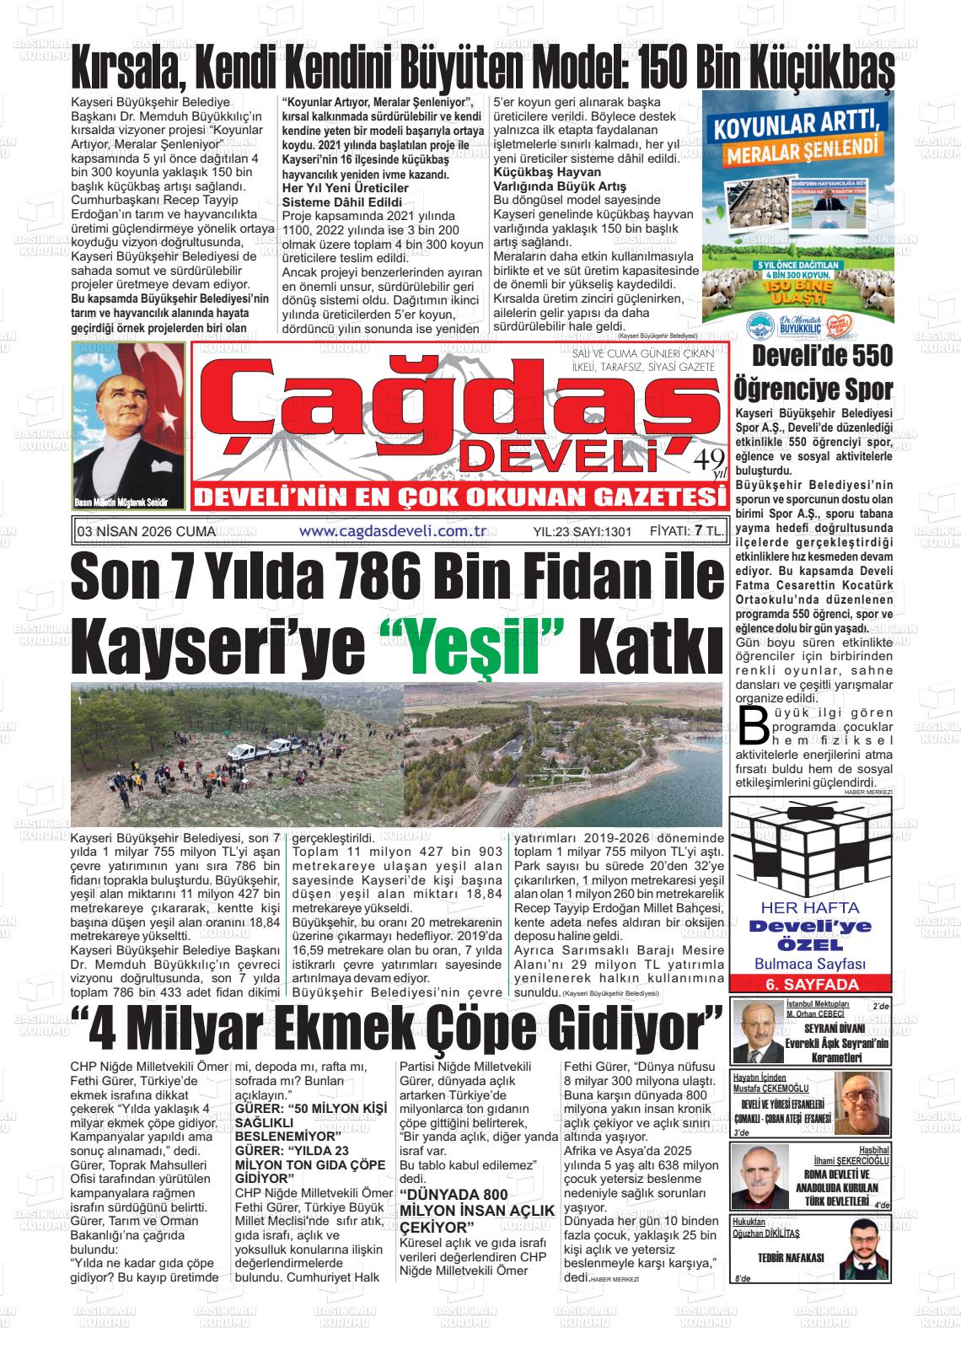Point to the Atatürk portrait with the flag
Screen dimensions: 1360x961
click(x=129, y=426)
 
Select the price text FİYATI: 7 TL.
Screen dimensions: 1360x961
click(x=687, y=531)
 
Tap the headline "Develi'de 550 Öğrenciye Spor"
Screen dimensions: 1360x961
click(x=813, y=373)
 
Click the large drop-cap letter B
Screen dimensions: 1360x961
click(x=753, y=723)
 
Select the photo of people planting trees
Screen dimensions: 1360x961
click(x=238, y=756)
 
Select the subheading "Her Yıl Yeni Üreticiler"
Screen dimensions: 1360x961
click(x=345, y=186)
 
